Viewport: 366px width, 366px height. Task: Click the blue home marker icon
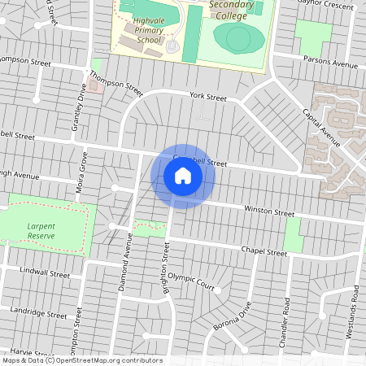point(182,176)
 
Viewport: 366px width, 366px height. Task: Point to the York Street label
point(207,97)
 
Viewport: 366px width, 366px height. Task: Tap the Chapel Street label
point(264,252)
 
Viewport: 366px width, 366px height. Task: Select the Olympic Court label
point(191,282)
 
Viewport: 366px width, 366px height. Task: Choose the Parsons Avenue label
point(329,64)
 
